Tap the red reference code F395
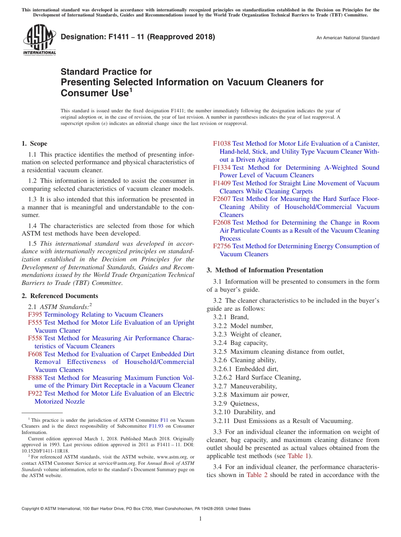[35, 315]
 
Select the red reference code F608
[35, 354]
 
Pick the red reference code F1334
[222, 168]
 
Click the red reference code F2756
[222, 246]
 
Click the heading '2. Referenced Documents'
[60, 296]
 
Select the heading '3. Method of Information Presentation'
[265, 270]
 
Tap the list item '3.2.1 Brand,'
[231, 317]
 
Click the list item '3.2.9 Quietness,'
[236, 404]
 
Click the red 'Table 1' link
[299, 456]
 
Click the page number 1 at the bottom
[200, 519]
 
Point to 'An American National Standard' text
[348, 38]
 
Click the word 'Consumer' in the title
[81, 92]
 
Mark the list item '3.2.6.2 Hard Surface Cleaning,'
[257, 377]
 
